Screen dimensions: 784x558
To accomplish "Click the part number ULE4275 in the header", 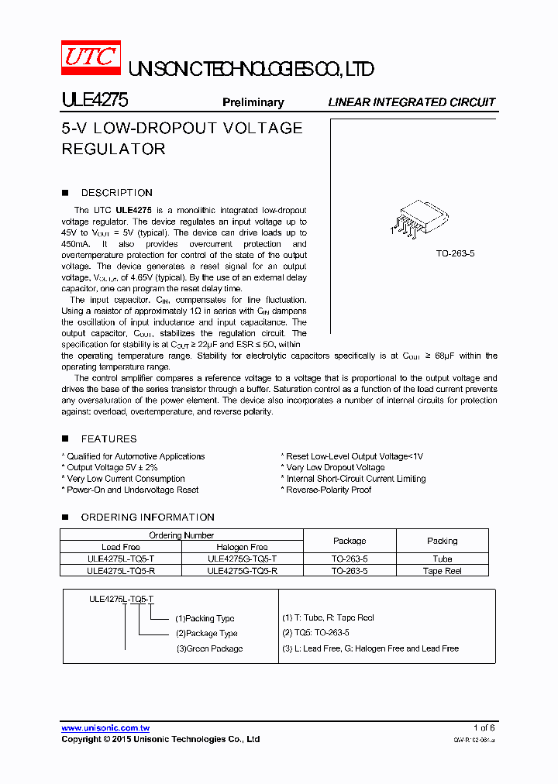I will [x=95, y=101].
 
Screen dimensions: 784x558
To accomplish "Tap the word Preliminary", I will [x=253, y=102].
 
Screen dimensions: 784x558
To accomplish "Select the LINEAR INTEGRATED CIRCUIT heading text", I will [x=412, y=102].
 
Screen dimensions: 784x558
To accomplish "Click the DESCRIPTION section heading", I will [x=116, y=193].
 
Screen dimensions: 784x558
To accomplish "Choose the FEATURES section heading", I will [x=108, y=438].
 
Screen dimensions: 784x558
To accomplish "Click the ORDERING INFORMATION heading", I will [x=147, y=517].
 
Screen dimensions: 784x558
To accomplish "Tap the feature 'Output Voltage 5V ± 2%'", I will [x=112, y=467].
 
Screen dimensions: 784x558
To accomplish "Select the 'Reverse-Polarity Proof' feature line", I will [x=329, y=490].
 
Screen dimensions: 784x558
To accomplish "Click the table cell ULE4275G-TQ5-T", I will [x=243, y=559].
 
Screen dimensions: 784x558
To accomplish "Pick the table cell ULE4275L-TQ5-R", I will [x=121, y=570].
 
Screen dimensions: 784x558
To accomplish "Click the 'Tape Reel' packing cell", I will [x=443, y=571].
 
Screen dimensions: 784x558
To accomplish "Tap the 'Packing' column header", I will [x=443, y=541].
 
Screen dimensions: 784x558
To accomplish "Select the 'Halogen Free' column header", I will [x=243, y=547].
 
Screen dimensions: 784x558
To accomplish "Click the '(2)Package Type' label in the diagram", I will [x=206, y=633].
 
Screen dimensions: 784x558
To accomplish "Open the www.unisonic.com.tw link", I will [x=105, y=727].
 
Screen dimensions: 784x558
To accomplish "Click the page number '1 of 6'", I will [x=484, y=727].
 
